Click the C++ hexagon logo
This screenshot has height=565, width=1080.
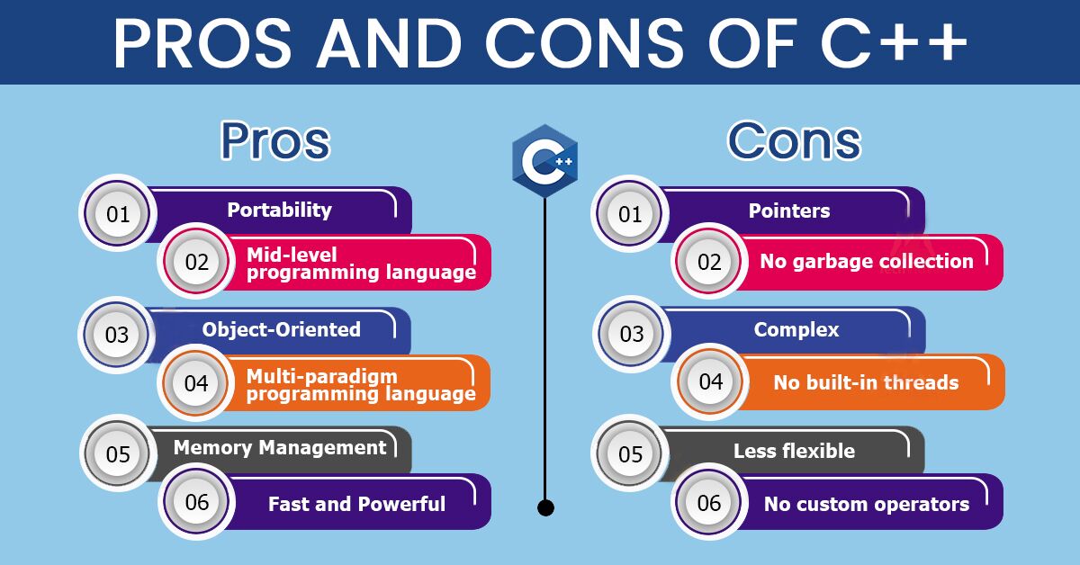coord(544,161)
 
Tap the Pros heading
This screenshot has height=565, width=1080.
coord(275,140)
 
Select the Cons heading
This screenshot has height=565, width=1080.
coord(794,140)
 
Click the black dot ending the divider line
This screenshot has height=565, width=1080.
coord(545,507)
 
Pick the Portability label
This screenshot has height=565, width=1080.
coord(279,211)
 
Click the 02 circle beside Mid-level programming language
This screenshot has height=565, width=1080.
coord(197,261)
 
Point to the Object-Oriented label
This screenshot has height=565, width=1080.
coord(281,330)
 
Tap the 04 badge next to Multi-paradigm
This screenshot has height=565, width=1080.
coord(196,382)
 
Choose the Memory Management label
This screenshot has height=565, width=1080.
coord(280,448)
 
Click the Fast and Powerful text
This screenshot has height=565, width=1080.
coord(356,504)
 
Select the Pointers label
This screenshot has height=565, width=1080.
coord(789,211)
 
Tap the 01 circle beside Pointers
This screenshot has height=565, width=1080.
coord(630,213)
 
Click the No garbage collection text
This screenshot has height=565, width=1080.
coord(867,261)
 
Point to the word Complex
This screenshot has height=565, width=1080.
coord(796,330)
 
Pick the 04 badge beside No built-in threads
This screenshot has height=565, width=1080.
coord(710,381)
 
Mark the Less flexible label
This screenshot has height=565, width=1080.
coord(794,452)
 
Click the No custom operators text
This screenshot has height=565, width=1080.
coord(867,505)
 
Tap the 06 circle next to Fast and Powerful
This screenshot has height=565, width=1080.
coord(197,502)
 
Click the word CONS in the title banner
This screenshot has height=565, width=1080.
coord(584,43)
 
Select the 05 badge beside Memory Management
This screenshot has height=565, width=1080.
coord(118,453)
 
